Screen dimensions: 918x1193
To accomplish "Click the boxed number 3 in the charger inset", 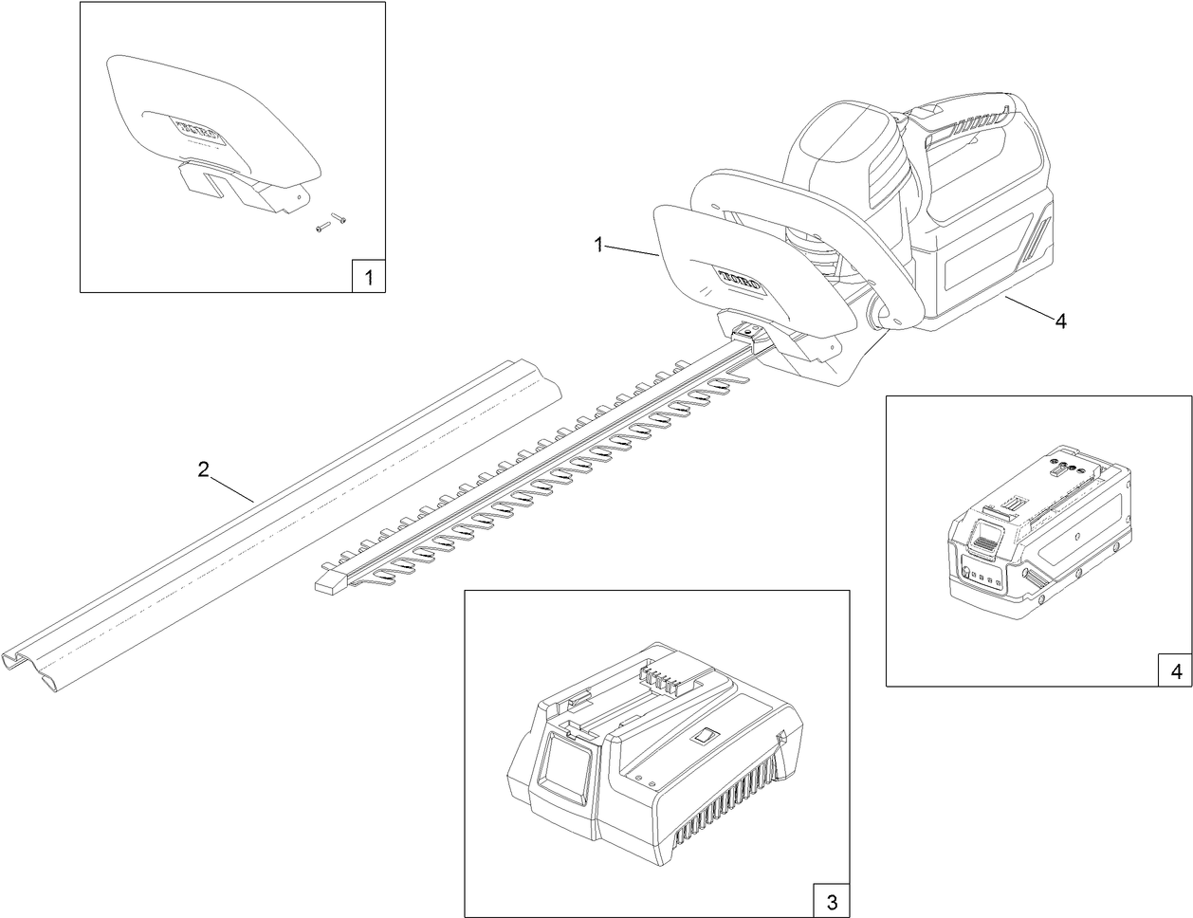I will (x=831, y=898).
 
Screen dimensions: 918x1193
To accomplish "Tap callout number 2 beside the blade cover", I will (x=202, y=469).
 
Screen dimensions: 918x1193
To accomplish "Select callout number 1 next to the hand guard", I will (x=598, y=244).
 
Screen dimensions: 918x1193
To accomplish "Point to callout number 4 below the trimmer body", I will (x=1060, y=321).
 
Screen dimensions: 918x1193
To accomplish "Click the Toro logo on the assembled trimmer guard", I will (x=747, y=278).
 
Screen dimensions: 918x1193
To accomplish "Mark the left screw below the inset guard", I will (x=321, y=228).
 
